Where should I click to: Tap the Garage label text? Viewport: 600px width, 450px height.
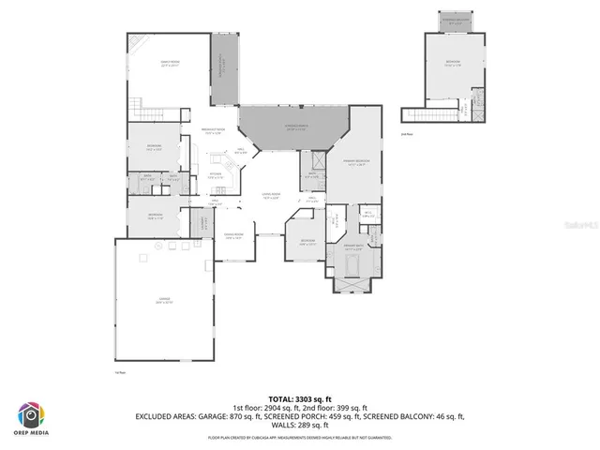(164, 300)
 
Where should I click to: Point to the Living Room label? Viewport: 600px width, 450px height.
(271, 196)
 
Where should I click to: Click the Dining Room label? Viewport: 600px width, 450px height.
(233, 236)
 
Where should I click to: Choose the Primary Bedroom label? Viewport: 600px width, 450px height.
(356, 161)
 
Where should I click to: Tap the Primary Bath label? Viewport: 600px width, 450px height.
(352, 249)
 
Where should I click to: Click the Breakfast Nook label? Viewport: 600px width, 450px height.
(214, 131)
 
